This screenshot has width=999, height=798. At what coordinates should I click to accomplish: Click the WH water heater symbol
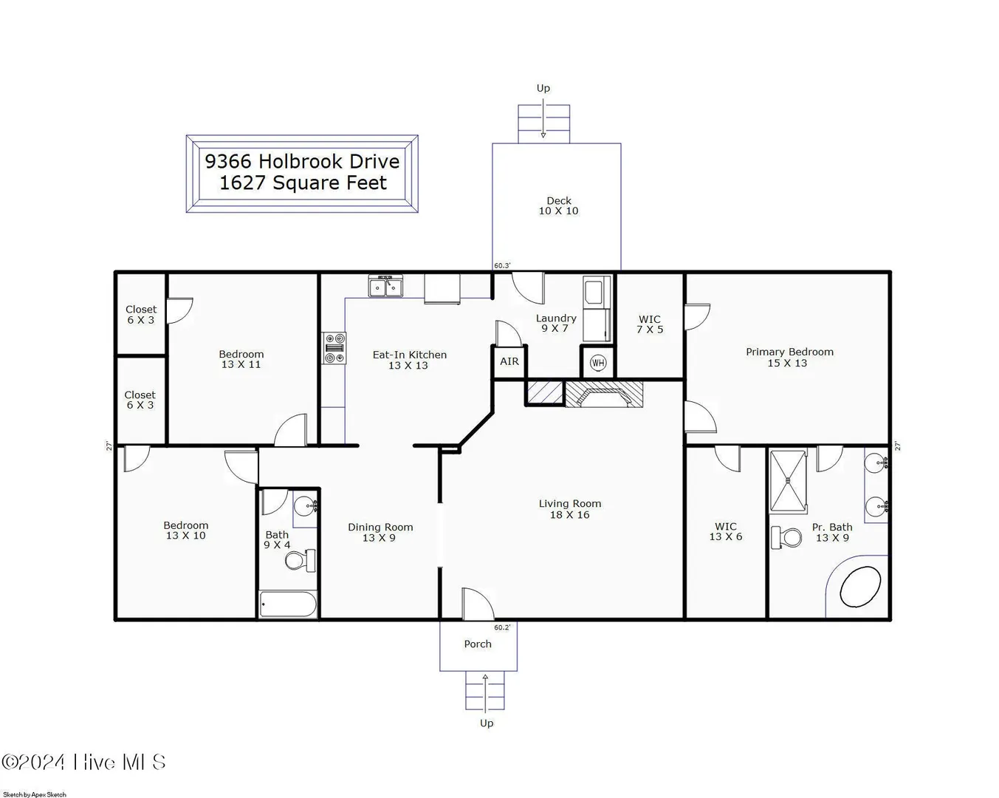tap(598, 363)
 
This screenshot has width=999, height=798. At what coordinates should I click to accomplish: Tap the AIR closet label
tap(509, 361)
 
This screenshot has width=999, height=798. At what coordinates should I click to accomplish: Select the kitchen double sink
tap(385, 286)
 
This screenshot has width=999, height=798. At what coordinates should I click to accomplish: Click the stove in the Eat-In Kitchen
tap(334, 348)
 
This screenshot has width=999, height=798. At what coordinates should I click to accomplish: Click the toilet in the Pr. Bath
tap(786, 537)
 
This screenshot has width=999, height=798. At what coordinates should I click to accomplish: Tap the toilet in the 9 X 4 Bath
tap(301, 561)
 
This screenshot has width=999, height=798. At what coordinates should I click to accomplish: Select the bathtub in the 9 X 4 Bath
tap(288, 604)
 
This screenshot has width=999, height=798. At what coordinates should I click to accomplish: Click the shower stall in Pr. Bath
tap(788, 482)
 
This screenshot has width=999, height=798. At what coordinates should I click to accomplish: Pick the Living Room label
tap(569, 503)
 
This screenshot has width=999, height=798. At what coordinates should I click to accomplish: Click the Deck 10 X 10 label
tap(558, 205)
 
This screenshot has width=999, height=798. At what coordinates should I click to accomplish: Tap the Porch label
tap(478, 644)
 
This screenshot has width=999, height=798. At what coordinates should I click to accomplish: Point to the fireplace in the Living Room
tap(604, 395)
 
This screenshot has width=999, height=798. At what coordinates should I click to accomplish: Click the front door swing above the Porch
tap(478, 604)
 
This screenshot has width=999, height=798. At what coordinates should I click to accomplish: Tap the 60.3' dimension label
tap(502, 266)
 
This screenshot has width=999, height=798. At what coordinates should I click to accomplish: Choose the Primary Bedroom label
tap(789, 352)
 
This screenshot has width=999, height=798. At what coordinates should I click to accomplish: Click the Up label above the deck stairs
tap(543, 88)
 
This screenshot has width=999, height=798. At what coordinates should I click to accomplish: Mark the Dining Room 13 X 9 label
tap(380, 532)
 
